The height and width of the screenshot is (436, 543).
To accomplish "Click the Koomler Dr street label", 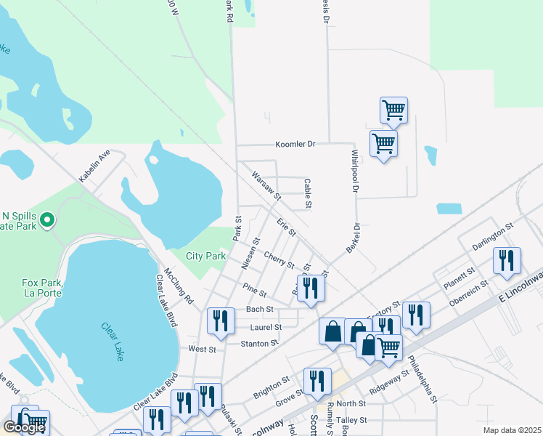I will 295,144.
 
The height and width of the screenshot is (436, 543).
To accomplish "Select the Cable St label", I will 308,194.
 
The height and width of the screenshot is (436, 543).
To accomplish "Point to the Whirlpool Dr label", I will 356,172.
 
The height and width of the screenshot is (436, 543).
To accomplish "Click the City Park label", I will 205,256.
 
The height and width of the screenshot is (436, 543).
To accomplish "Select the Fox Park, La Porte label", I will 43,288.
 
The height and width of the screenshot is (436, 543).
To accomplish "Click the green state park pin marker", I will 47,219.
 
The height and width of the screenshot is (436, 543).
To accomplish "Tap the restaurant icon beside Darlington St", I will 506,261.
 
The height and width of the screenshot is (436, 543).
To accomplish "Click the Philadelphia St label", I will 422,378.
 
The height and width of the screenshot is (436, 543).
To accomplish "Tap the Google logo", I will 24,427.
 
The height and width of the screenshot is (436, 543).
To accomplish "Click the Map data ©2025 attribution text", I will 512,429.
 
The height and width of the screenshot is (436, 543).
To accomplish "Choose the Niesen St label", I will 250,254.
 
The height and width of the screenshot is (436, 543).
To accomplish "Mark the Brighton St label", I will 271,387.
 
